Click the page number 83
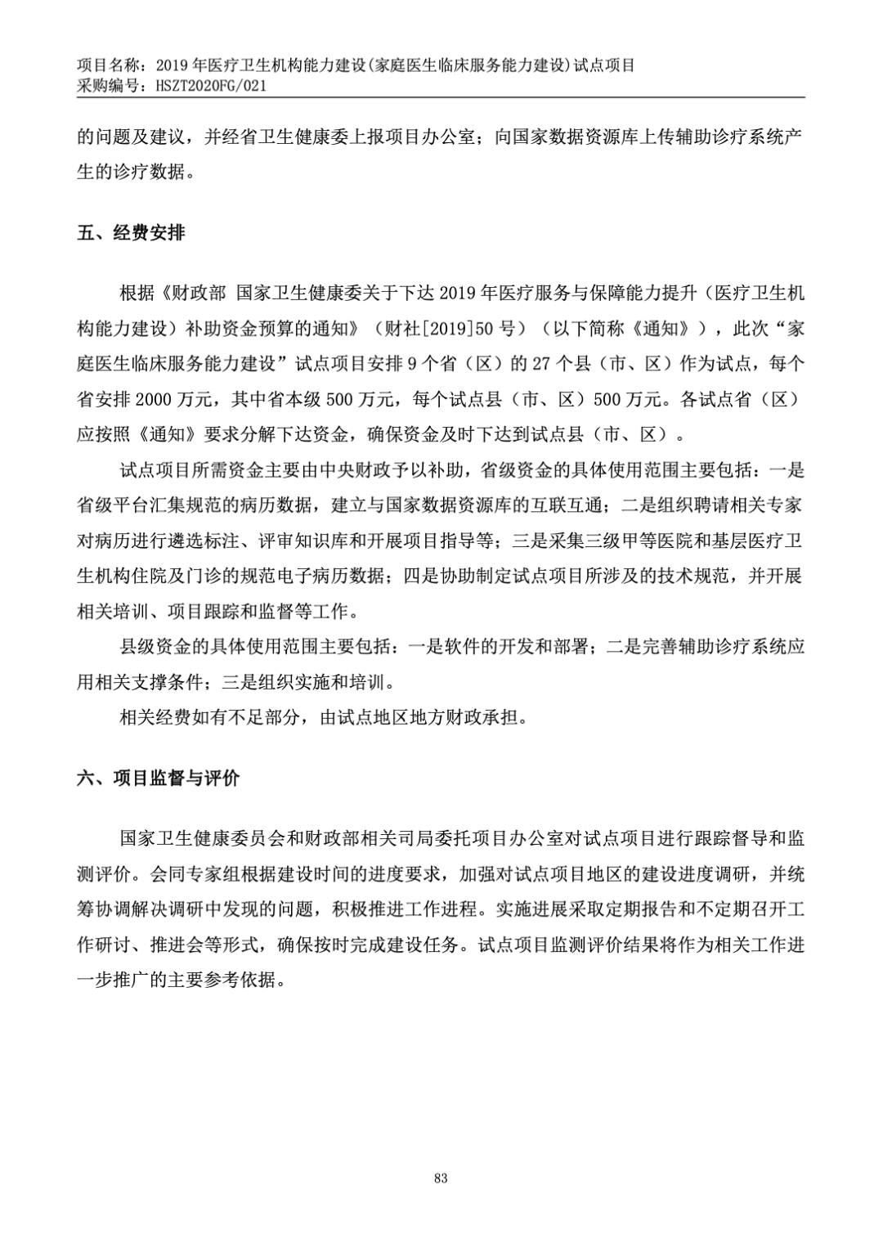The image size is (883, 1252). point(441,1178)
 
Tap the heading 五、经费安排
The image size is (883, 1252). point(131,233)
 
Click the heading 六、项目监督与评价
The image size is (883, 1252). point(158,778)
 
